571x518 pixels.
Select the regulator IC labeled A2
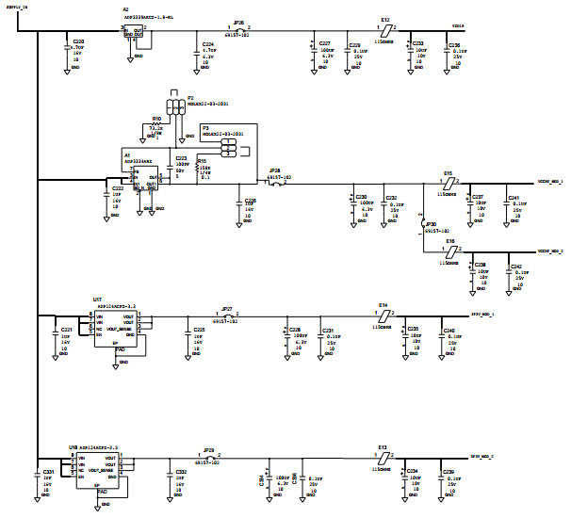pos(136,34)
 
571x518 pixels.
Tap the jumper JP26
pos(238,29)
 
